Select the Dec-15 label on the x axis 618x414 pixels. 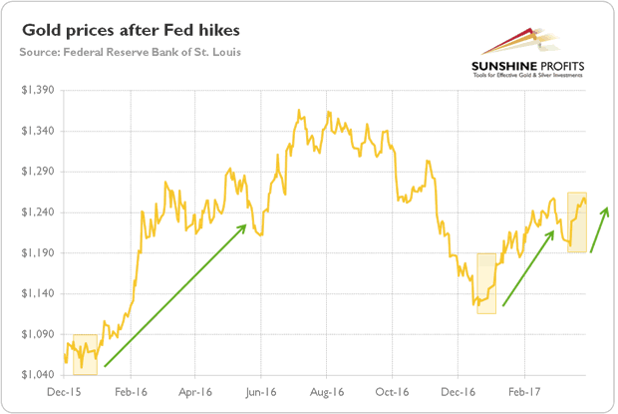[x=65, y=393]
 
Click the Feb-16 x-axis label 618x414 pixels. [x=130, y=393]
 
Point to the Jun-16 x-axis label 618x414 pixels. [x=260, y=393]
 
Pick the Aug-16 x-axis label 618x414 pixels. [x=326, y=393]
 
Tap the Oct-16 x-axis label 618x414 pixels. [x=392, y=393]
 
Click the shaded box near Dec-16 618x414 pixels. [x=485, y=283]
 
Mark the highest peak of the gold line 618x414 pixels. [x=300, y=111]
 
